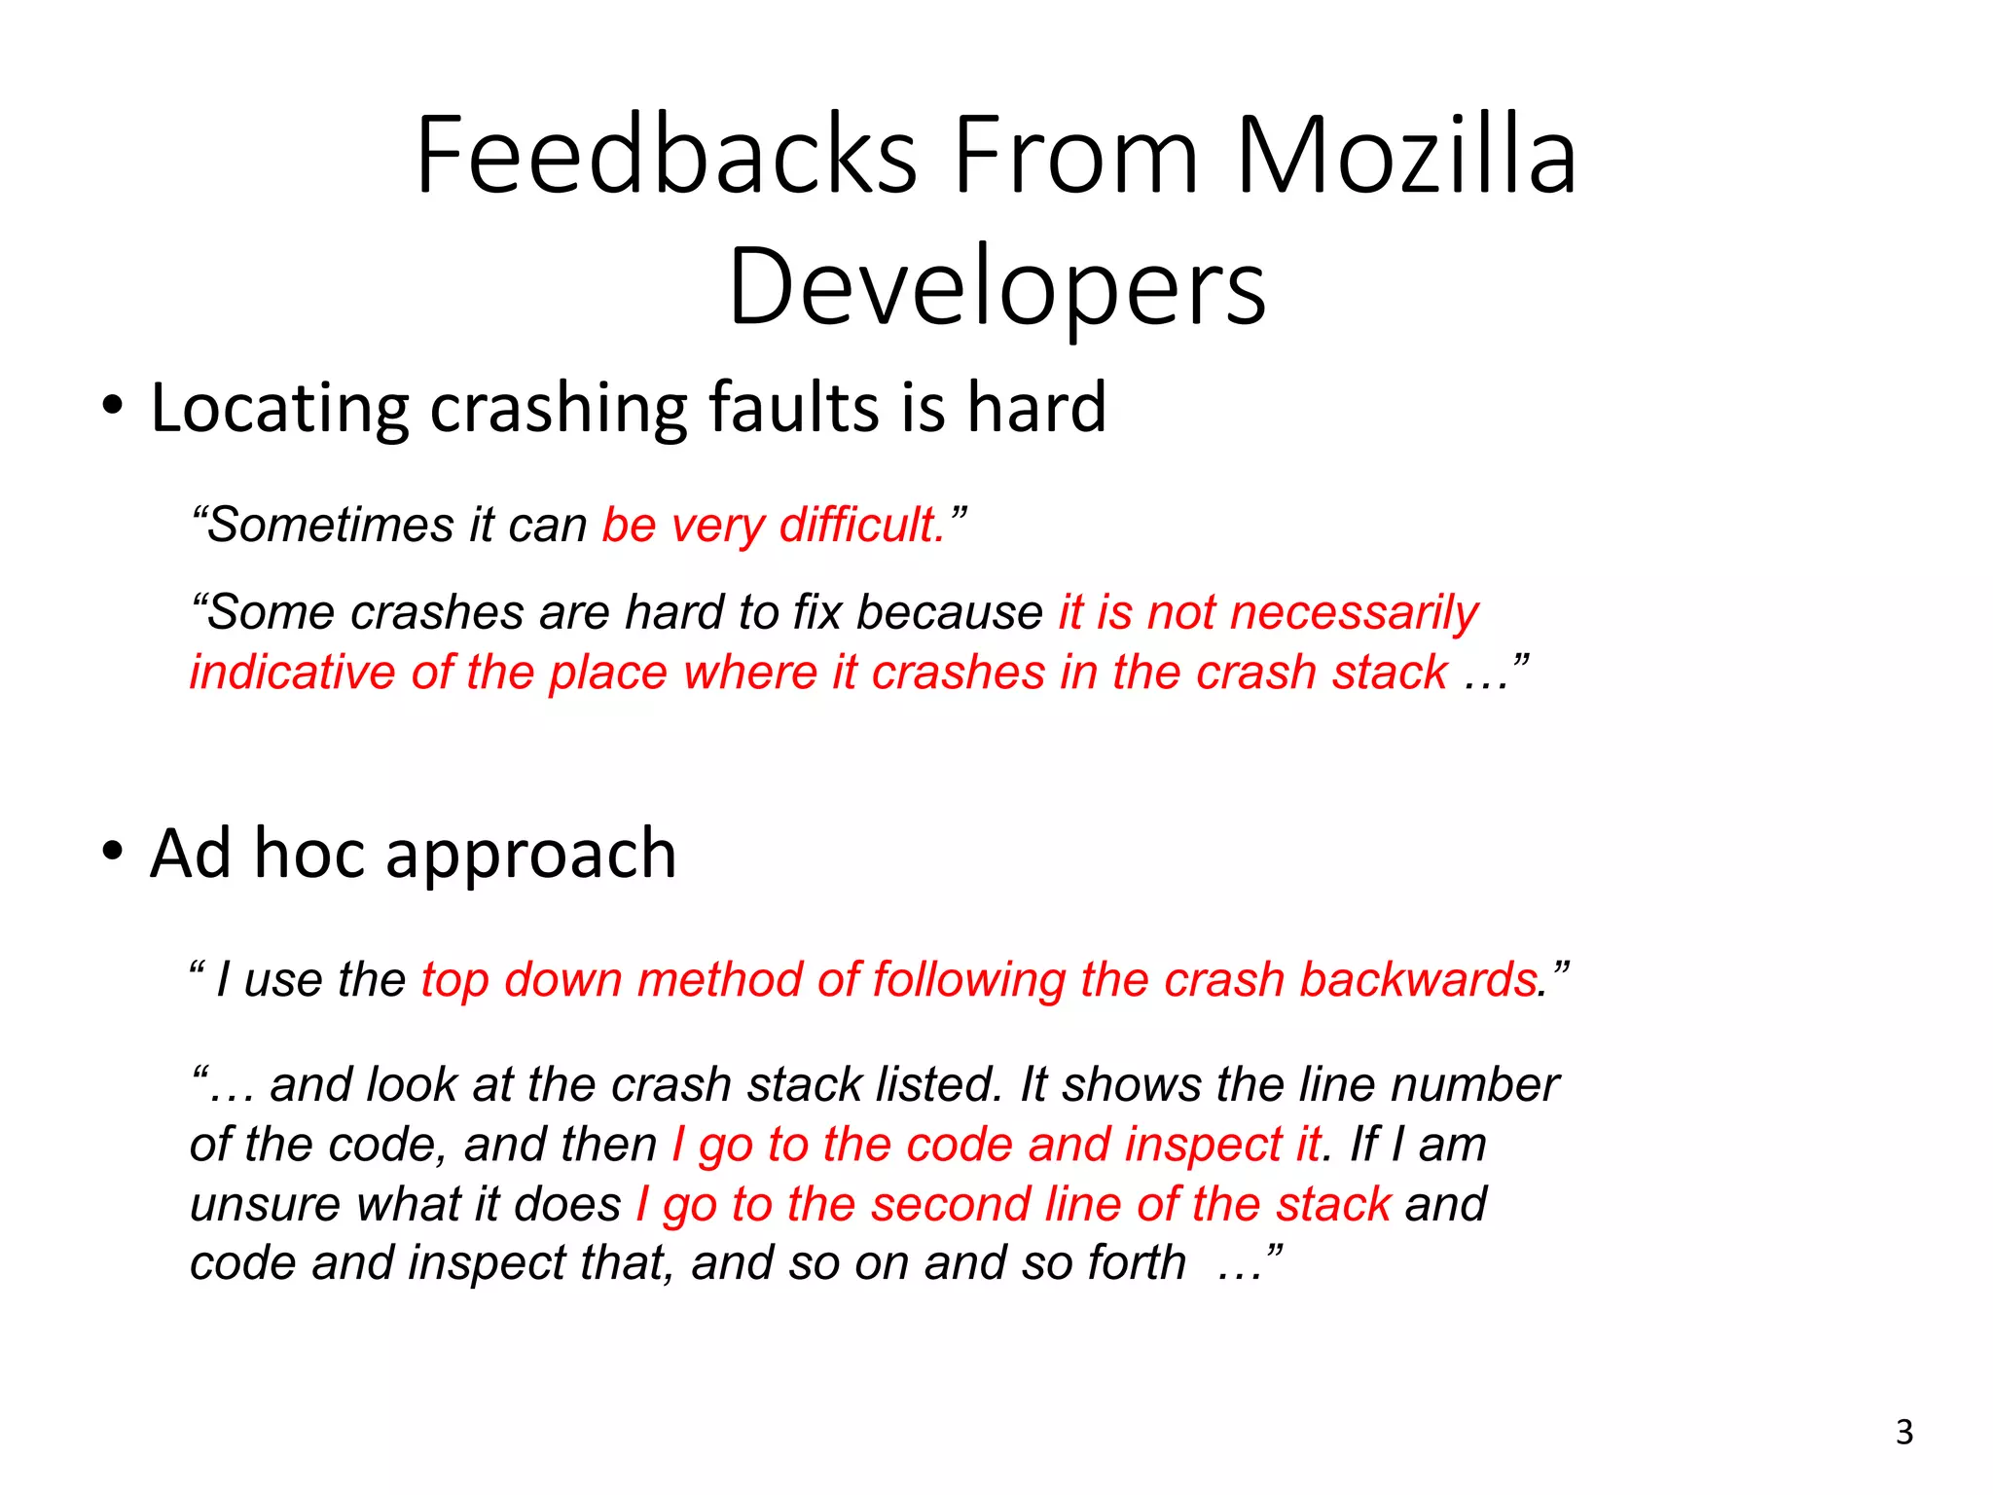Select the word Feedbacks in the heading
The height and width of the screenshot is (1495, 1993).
[x=667, y=156]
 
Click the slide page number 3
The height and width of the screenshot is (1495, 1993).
[x=1904, y=1433]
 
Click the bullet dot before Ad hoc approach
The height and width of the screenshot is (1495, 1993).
[x=113, y=851]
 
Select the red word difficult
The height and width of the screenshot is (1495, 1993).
[x=862, y=526]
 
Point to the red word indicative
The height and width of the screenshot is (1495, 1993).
[x=292, y=673]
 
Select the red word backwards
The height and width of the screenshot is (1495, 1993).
[x=1418, y=980]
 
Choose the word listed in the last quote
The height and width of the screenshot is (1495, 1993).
[x=938, y=1085]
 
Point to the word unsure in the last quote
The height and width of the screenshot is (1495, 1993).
[x=264, y=1205]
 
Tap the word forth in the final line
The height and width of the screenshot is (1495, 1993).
[x=1137, y=1263]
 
